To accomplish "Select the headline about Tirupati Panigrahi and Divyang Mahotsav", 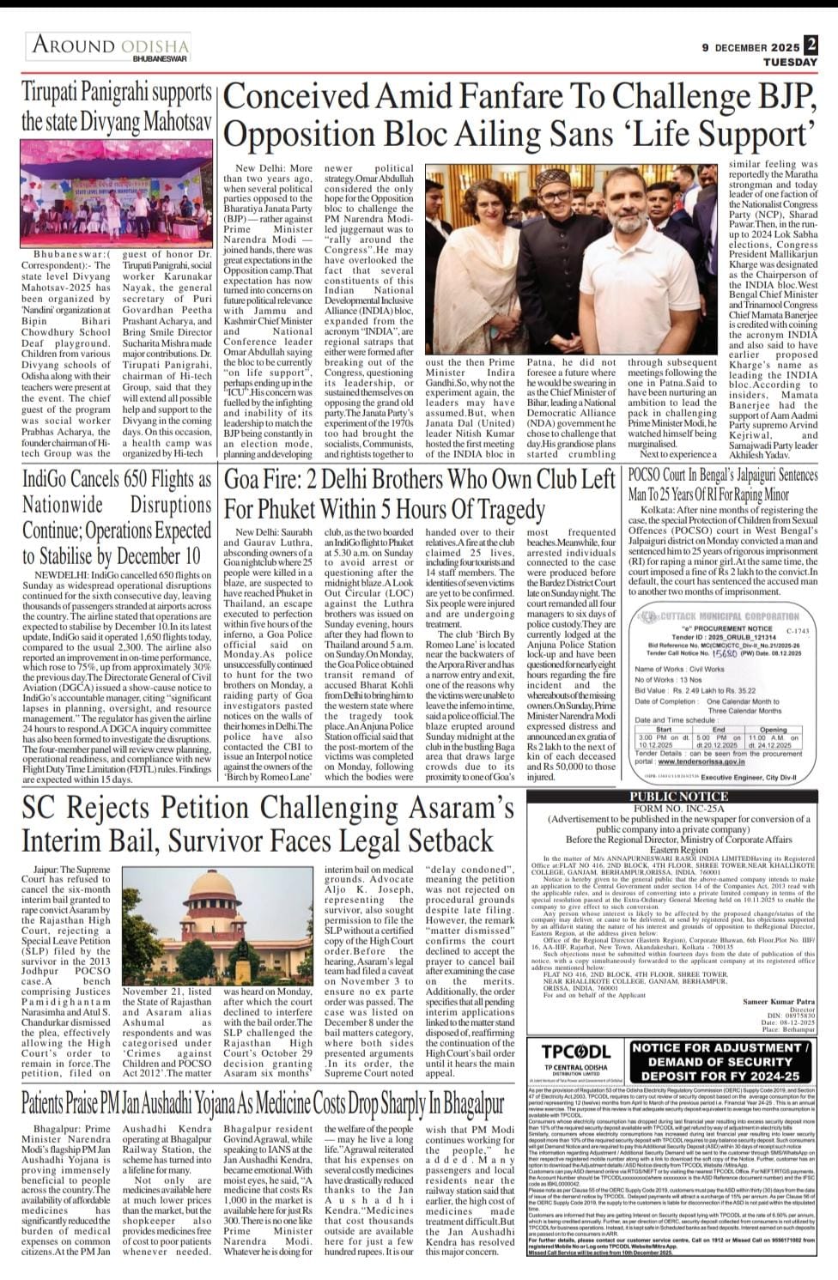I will coord(117,107).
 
